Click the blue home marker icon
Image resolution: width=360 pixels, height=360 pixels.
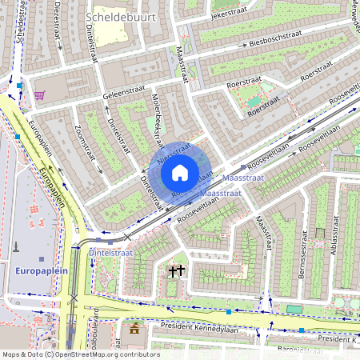click(x=180, y=172)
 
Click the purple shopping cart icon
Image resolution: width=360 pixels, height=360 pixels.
click(x=39, y=94)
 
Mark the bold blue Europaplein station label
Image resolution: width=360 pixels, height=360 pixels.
click(x=40, y=271)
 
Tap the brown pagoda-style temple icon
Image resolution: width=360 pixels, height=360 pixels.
click(x=134, y=328)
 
